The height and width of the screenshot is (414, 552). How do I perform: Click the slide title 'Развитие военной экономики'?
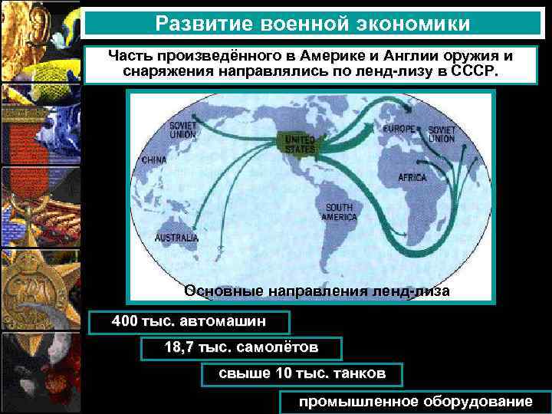312,24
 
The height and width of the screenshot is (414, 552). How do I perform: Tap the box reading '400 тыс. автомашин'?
190,321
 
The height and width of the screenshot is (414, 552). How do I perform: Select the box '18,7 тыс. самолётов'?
241,348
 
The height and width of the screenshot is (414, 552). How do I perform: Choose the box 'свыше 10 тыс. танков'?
301,374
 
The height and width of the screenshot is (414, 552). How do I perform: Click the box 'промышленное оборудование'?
415,402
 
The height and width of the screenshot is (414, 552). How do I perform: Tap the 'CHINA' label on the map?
154,160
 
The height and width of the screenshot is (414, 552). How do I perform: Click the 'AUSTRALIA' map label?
176,238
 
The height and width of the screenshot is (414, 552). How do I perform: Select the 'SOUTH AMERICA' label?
340,212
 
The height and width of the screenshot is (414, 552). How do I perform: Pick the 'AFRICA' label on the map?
412,177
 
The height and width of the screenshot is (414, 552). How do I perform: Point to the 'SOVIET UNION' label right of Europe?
442,134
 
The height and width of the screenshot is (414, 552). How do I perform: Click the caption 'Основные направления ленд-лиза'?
317,291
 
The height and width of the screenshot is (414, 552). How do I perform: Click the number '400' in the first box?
125,320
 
